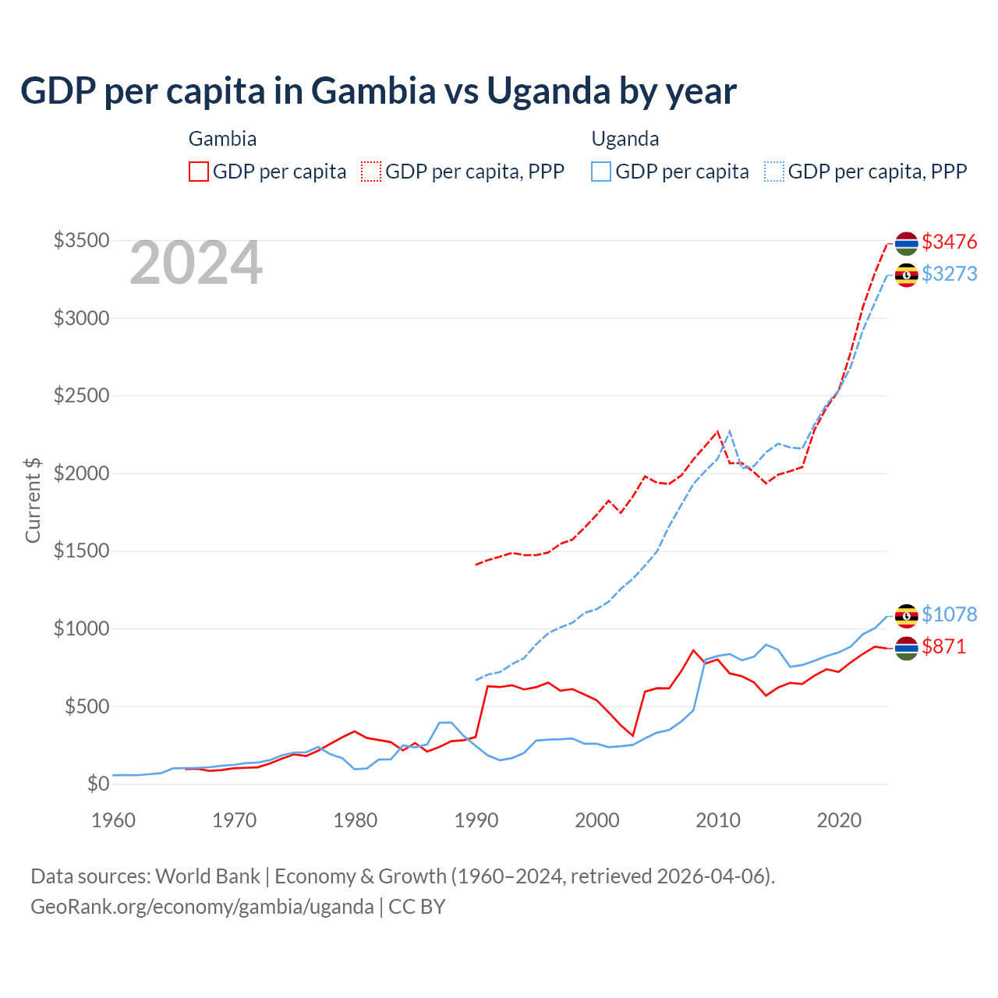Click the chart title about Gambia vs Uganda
[x=378, y=91]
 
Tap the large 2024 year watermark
[x=196, y=264]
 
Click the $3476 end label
[x=949, y=242]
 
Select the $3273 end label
[x=949, y=274]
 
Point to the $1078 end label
[x=949, y=614]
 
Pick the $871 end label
[x=943, y=646]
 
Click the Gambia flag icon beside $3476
[x=906, y=243]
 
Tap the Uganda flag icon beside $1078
[x=906, y=615]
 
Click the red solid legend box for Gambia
[x=199, y=172]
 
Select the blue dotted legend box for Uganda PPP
[x=774, y=172]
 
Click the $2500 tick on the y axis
[x=81, y=395]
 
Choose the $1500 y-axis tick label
[x=81, y=551]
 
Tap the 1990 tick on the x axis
[x=476, y=820]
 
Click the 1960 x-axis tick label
[x=114, y=820]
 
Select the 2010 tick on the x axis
[x=717, y=820]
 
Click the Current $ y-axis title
[x=33, y=501]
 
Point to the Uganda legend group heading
[x=625, y=139]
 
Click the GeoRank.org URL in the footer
[x=202, y=907]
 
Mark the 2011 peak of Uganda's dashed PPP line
[x=730, y=430]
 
